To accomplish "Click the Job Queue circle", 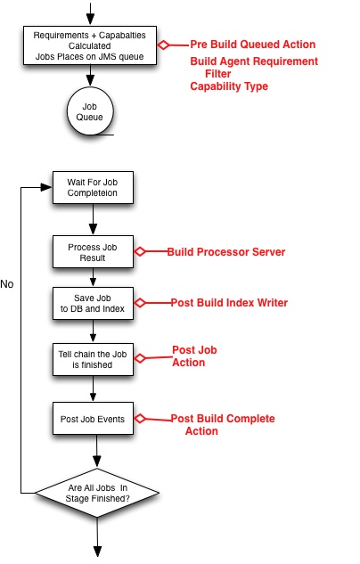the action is pos(90,111).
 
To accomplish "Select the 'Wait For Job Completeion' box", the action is pos(93,187).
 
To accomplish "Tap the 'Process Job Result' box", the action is pos(93,252).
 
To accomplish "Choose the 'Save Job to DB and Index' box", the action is pos(93,303).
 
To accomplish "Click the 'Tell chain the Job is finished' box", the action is pos(93,359).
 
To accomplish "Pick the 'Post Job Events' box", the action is pos(93,419).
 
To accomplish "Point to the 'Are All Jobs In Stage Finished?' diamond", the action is pos(97,493).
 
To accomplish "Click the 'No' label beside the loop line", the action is pos(7,284).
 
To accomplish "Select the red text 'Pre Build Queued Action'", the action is pos(252,45).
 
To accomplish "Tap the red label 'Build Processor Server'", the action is pos(226,252).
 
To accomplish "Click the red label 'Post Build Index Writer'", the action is pos(229,303).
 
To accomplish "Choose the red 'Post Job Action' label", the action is pos(194,356).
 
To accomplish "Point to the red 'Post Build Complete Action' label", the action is pos(223,425).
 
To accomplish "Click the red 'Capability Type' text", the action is pos(229,86).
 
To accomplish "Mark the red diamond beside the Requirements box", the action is pos(163,45).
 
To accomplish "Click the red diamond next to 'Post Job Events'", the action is pos(140,419).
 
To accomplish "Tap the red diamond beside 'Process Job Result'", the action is pos(140,251).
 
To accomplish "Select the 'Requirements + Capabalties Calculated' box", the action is pos(90,45).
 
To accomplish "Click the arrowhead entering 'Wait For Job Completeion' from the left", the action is pos(46,187).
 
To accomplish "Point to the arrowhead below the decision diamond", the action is pos(97,552).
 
